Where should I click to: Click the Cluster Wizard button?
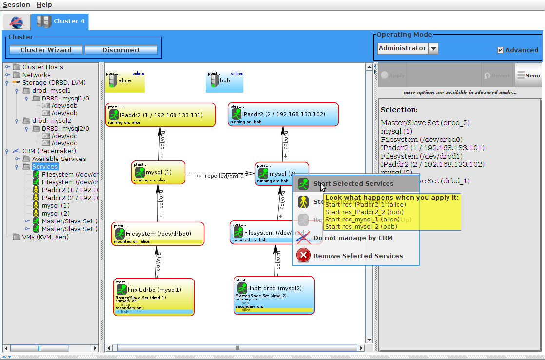[46, 50]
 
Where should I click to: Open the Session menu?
[16, 5]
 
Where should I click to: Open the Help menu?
[44, 5]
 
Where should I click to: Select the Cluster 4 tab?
[60, 21]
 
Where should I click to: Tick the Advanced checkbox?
[500, 50]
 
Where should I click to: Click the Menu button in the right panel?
[528, 75]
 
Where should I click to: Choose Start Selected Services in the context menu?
[353, 184]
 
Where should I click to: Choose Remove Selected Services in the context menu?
[358, 256]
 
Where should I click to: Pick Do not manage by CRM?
[352, 238]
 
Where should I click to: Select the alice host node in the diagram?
[125, 81]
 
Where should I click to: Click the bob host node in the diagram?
[224, 81]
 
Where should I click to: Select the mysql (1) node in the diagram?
[158, 173]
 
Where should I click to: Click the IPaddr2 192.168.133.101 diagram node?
[161, 116]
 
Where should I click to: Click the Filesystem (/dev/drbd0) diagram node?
[157, 234]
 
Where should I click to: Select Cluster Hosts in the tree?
[42, 67]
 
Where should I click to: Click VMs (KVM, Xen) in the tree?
[45, 237]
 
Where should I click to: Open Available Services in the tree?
[58, 159]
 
